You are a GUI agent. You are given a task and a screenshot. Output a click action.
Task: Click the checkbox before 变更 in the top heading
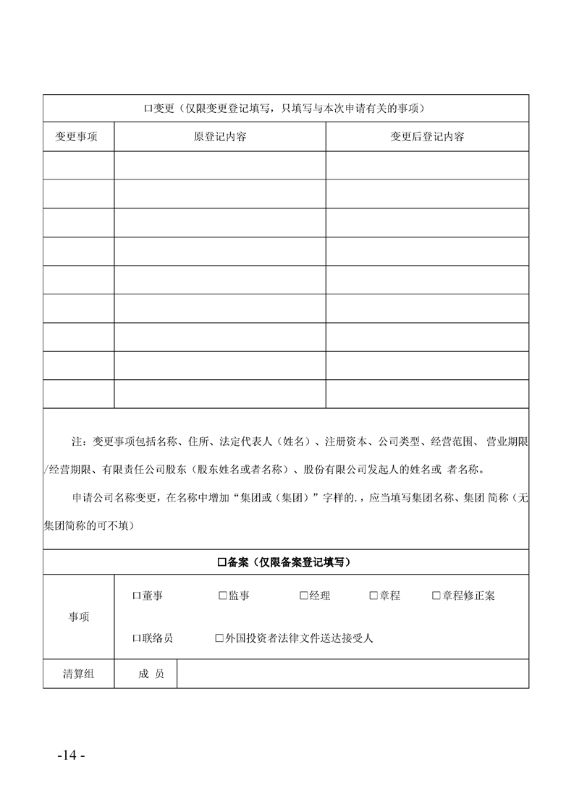tap(146, 109)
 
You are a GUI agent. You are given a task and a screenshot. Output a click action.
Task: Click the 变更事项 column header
tap(77, 137)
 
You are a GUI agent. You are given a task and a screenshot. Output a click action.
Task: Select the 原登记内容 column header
tap(220, 137)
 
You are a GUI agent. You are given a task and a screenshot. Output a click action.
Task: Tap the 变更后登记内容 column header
tap(427, 137)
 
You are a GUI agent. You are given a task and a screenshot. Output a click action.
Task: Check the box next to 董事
tap(136, 596)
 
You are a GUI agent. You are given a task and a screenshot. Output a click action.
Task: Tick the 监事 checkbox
tap(223, 596)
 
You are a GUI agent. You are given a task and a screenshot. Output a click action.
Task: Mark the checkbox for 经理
tap(304, 596)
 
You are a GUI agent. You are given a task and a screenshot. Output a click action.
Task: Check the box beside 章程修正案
tap(436, 596)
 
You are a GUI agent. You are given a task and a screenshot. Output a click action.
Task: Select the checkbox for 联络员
tap(136, 638)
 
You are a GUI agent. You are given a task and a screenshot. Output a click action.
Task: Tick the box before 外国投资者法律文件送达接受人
tap(219, 638)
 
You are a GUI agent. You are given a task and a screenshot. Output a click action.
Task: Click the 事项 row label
tap(79, 617)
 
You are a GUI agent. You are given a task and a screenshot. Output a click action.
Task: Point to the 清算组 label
tap(78, 674)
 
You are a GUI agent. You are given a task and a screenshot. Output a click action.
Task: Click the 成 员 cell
tap(151, 674)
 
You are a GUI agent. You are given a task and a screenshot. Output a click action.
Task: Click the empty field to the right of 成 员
tap(353, 674)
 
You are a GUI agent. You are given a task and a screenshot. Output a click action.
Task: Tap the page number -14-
tap(71, 755)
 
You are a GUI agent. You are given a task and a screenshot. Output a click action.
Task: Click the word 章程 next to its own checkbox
tap(390, 596)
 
